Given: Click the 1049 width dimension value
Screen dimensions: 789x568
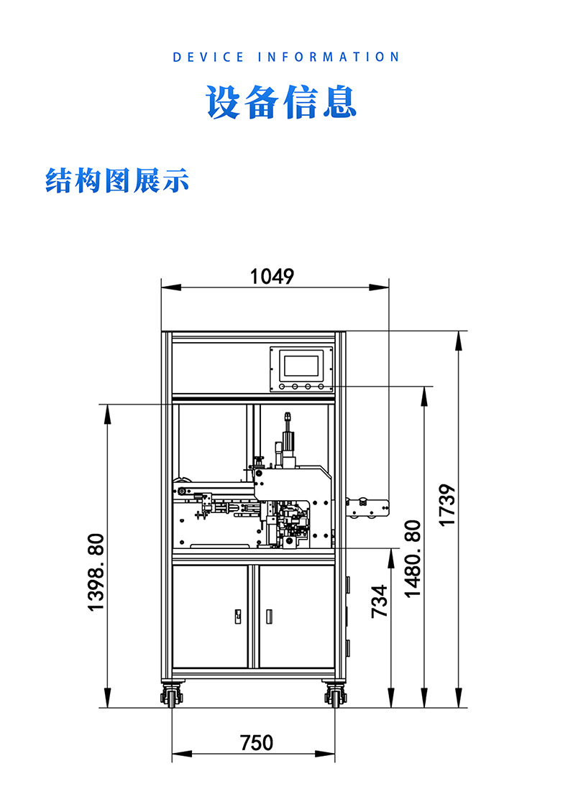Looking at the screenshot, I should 272,277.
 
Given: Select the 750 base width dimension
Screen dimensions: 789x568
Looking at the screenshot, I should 257,742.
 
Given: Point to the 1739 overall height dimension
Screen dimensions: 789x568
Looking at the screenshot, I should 448,505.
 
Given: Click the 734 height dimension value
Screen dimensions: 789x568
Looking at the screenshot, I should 379,601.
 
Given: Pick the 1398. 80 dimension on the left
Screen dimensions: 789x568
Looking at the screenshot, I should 96,572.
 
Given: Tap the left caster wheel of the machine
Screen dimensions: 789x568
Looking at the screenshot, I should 173,695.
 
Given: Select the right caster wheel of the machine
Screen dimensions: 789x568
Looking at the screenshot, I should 335,695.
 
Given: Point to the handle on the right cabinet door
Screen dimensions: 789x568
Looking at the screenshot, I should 270,617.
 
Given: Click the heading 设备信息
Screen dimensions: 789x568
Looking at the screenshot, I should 282,103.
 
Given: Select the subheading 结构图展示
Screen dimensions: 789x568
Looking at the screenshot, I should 117,180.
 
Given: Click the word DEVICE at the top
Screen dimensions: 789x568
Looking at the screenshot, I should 209,57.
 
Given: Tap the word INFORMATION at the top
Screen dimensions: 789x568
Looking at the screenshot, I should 328,57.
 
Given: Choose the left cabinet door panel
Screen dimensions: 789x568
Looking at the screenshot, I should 210,617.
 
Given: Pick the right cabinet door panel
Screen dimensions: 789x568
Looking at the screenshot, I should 296,617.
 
